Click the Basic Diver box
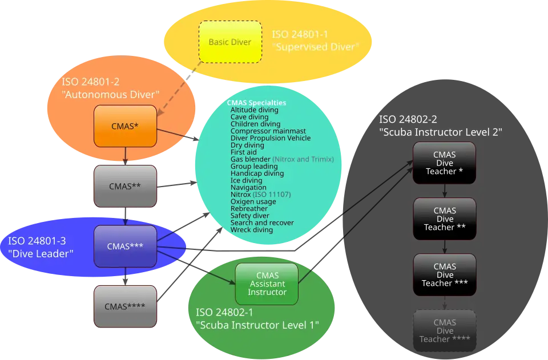click(230, 42)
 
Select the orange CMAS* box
click(125, 126)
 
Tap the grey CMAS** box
click(125, 186)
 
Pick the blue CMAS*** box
click(125, 246)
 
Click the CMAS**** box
click(125, 306)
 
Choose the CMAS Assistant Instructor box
click(267, 284)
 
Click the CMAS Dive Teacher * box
click(445, 163)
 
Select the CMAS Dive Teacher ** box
click(445, 219)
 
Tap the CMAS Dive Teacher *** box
click(445, 274)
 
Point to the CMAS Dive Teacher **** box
click(445, 330)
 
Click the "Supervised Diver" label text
click(316, 47)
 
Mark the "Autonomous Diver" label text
click(110, 95)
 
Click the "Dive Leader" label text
click(41, 254)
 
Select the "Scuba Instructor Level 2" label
click(440, 132)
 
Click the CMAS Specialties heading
click(256, 103)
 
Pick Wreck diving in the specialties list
click(252, 230)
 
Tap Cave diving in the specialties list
click(249, 117)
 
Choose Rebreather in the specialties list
click(249, 209)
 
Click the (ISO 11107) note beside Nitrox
click(272, 195)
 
